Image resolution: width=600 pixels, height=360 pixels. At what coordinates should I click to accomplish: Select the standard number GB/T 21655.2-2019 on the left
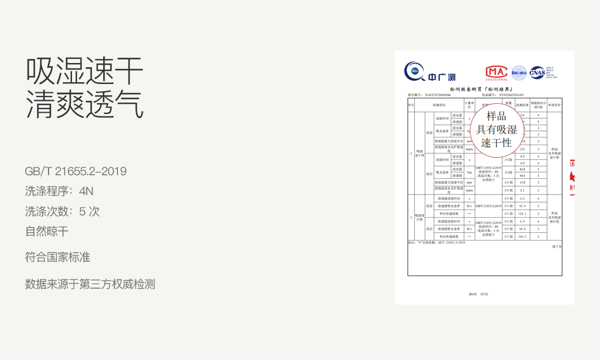tap(76, 172)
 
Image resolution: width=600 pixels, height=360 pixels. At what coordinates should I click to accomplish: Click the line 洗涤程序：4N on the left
tap(59, 192)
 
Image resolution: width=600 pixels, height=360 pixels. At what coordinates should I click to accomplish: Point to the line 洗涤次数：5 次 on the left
tap(62, 211)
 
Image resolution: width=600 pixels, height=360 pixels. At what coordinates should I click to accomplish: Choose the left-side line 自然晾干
tap(47, 231)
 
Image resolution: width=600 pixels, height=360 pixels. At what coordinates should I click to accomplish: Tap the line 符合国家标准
tap(58, 257)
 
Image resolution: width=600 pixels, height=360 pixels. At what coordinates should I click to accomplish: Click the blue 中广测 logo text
tap(442, 77)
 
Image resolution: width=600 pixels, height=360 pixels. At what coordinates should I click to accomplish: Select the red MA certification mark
tap(496, 71)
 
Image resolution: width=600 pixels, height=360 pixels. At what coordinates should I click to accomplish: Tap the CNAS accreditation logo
tap(538, 72)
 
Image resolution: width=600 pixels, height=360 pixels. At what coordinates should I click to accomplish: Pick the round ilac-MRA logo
tap(518, 72)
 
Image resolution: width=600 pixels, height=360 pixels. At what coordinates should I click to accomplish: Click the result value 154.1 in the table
tap(522, 214)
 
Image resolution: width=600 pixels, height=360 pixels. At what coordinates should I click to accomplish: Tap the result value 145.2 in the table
tap(522, 236)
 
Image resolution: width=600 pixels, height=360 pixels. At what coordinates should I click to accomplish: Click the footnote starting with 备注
tap(437, 242)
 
